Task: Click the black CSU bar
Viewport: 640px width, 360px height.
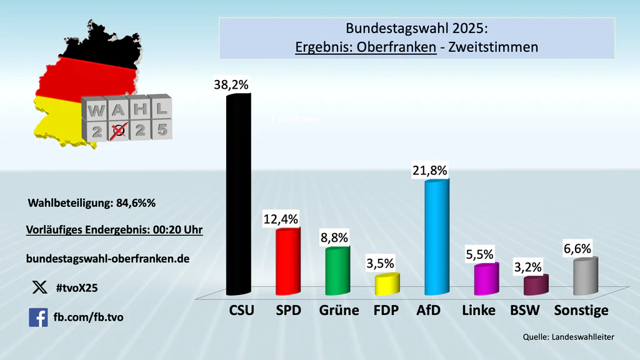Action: click(x=239, y=194)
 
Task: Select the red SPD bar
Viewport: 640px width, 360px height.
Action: click(x=288, y=261)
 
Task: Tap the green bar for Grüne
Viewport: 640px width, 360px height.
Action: click(x=337, y=271)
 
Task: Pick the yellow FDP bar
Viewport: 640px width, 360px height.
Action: click(x=387, y=284)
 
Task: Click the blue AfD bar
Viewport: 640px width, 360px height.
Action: click(x=436, y=237)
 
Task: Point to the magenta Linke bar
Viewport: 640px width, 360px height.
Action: click(x=486, y=279)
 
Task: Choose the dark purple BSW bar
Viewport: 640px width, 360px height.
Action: click(x=536, y=286)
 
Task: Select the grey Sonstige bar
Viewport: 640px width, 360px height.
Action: click(x=586, y=276)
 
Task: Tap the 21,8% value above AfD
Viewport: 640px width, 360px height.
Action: click(x=430, y=170)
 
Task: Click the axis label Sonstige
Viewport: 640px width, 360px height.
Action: click(x=581, y=310)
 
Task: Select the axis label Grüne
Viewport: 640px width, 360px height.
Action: click(x=339, y=310)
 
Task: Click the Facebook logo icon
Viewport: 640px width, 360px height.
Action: click(x=38, y=317)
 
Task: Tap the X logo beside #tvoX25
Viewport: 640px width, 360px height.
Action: click(x=39, y=287)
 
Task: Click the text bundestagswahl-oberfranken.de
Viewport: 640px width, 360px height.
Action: click(x=107, y=257)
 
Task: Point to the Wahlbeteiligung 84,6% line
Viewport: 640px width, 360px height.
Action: click(x=91, y=203)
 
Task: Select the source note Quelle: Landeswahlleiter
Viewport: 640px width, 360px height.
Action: click(x=569, y=337)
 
